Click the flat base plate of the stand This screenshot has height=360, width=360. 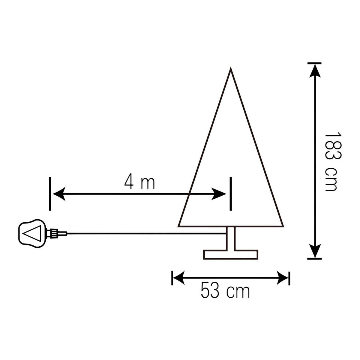231,254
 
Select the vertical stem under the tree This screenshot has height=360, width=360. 231,238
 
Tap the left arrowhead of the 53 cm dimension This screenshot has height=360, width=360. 178,278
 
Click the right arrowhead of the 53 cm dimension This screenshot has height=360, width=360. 283,278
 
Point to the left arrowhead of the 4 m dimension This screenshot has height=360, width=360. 59,194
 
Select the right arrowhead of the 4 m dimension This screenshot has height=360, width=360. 220,194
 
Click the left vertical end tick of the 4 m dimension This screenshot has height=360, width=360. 50,193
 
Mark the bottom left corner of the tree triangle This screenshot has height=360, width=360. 179,226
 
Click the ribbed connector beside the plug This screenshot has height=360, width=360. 54,233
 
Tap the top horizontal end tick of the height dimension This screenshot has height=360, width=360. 314,63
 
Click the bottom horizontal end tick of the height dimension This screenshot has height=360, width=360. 314,258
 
